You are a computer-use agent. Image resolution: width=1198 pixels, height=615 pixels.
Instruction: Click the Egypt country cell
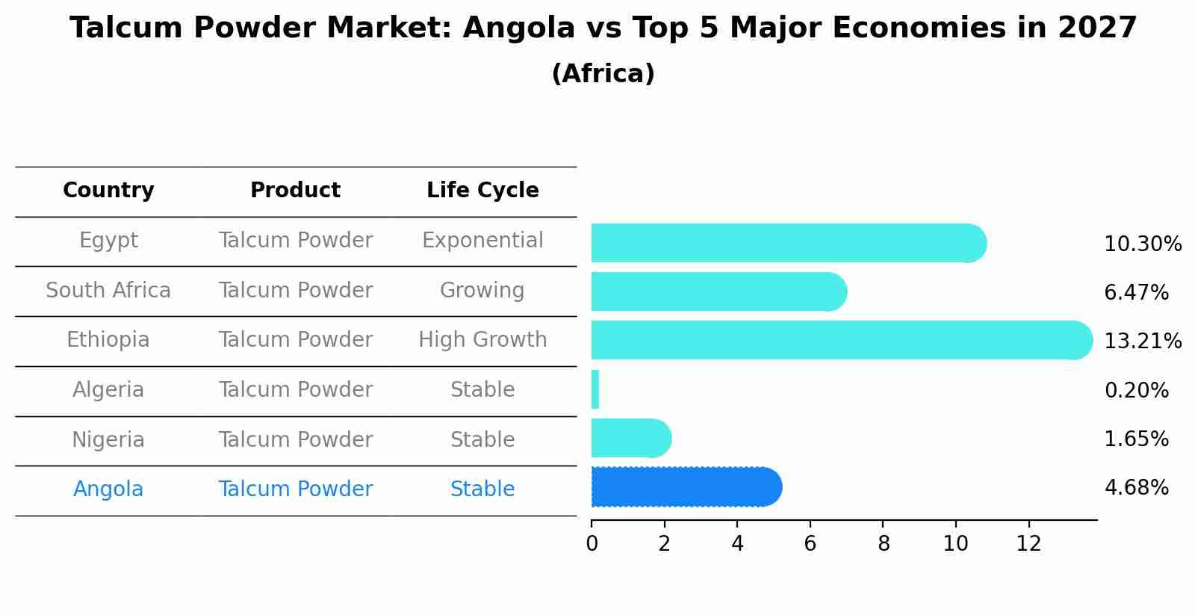pos(108,241)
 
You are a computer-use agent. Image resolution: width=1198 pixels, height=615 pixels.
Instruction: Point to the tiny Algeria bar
pos(595,389)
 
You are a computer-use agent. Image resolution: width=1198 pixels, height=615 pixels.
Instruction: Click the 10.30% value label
pos(1142,244)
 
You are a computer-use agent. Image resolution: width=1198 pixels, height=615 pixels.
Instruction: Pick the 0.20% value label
pos(1136,390)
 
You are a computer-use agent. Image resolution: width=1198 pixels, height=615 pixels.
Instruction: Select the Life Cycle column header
pos(482,191)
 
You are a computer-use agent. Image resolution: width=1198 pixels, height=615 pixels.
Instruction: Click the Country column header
pos(108,191)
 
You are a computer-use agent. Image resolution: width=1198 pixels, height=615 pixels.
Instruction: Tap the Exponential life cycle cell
pos(482,241)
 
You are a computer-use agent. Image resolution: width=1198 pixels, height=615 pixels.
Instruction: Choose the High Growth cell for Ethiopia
pos(482,340)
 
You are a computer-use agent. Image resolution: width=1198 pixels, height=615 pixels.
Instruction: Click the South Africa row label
pos(108,291)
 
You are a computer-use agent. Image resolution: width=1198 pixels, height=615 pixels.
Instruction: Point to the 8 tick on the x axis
pos(884,544)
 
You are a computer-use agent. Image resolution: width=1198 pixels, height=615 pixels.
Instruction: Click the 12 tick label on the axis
pos(1028,544)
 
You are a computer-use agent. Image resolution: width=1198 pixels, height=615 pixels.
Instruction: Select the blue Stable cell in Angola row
pos(482,489)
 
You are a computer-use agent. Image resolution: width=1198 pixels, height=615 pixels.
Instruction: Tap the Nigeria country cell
pos(108,440)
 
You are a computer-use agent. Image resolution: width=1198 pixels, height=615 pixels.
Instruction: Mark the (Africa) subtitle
pos(603,74)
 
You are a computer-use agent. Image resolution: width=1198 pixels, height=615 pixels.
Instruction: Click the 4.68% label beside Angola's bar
pos(1136,488)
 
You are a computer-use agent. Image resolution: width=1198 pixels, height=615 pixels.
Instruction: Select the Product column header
pos(295,191)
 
